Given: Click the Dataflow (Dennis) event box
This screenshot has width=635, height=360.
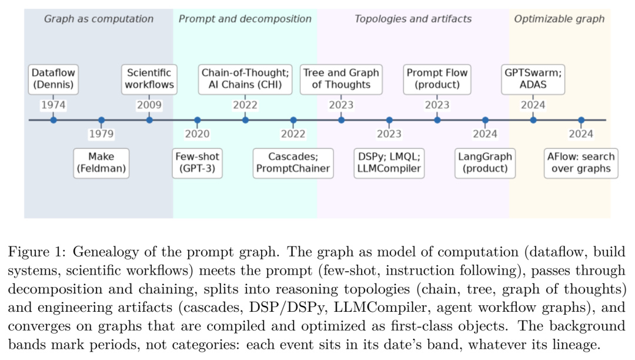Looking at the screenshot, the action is [53, 79].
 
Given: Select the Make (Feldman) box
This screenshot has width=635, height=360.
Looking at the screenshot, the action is [101, 163].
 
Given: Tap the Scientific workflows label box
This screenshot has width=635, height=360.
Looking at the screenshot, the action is [149, 79].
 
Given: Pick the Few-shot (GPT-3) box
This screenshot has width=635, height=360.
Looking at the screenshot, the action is [197, 163].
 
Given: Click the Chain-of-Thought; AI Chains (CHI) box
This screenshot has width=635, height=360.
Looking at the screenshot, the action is [245, 79].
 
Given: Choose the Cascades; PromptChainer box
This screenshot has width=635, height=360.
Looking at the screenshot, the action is [293, 163].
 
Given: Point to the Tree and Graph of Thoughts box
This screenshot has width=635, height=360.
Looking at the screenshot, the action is [341, 79].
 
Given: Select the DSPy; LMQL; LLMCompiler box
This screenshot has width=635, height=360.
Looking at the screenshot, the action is [389, 163].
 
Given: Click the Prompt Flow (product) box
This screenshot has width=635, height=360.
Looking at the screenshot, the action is [437, 79].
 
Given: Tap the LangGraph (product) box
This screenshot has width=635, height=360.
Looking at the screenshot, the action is [485, 163].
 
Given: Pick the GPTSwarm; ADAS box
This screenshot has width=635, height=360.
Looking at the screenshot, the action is [533, 79].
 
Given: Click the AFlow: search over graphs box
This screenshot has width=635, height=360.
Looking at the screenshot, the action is [581, 163].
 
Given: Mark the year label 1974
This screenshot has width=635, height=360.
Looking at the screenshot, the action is [53, 105].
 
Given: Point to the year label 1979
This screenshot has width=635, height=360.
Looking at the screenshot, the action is [101, 134].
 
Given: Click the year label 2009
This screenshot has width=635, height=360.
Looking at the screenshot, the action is [149, 105].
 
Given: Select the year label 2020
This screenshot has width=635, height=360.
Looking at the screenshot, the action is [197, 134].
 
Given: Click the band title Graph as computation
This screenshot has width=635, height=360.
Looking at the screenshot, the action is [99, 19].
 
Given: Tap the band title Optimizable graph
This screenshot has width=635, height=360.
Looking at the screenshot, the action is [559, 19].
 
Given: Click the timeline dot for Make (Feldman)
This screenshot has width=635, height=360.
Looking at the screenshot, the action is [101, 120].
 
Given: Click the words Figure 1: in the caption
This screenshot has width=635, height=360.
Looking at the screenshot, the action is [36, 252].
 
